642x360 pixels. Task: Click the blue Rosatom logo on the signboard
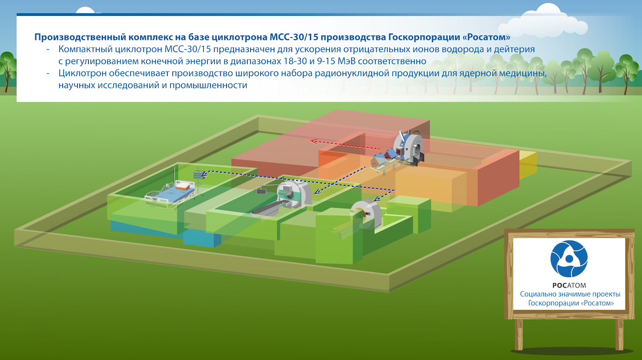(x=569, y=259)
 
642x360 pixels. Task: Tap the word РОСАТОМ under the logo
(x=569, y=285)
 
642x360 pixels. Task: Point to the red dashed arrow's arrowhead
(x=314, y=141)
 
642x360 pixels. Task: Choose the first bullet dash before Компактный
(x=48, y=49)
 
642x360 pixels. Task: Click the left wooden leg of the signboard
(x=519, y=334)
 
